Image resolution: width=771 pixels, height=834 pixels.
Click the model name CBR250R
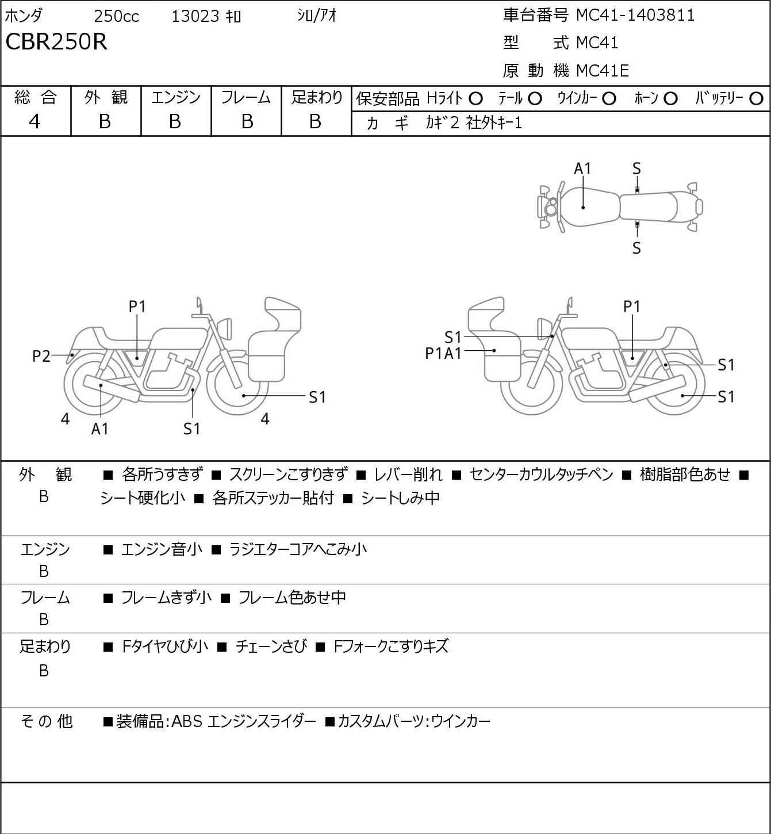(x=56, y=41)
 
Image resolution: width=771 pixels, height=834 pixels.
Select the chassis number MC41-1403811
(x=635, y=16)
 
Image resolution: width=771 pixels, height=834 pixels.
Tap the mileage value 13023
(x=195, y=16)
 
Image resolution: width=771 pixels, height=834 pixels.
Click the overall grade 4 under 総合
(x=34, y=122)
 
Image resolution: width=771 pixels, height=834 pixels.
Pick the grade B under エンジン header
(x=175, y=122)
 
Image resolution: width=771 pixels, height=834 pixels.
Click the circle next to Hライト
(x=475, y=99)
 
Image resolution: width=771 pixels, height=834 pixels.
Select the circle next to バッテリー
(x=756, y=99)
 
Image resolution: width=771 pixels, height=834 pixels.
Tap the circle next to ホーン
(x=670, y=99)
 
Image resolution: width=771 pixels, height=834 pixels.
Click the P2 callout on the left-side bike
(x=41, y=357)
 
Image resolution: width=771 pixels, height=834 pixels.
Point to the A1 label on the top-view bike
(x=582, y=169)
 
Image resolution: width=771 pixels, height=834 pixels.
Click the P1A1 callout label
(x=443, y=354)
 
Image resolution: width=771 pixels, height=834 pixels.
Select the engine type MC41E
(x=603, y=71)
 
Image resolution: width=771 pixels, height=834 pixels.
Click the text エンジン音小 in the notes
(x=162, y=549)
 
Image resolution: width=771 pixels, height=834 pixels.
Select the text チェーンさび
(x=271, y=646)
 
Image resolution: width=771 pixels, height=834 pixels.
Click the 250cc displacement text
(x=116, y=16)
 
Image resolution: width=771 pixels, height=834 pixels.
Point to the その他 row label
(x=47, y=721)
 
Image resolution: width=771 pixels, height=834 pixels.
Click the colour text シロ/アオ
(x=317, y=16)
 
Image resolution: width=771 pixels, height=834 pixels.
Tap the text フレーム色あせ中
(x=292, y=598)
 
